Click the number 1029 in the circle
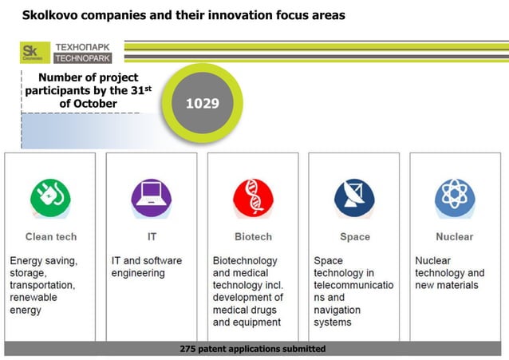click(202, 104)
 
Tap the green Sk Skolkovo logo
click(35, 53)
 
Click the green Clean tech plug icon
click(50, 196)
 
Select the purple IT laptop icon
click(151, 196)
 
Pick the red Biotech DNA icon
click(253, 196)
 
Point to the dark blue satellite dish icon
click(354, 196)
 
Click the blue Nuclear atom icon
click(455, 196)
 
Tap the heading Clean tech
click(51, 237)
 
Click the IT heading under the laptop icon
click(152, 237)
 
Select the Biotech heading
click(253, 237)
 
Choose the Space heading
click(355, 237)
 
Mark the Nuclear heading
click(455, 237)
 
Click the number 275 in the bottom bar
click(189, 349)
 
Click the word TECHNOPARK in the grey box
click(83, 58)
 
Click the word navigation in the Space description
click(337, 310)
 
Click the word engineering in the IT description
click(138, 273)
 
